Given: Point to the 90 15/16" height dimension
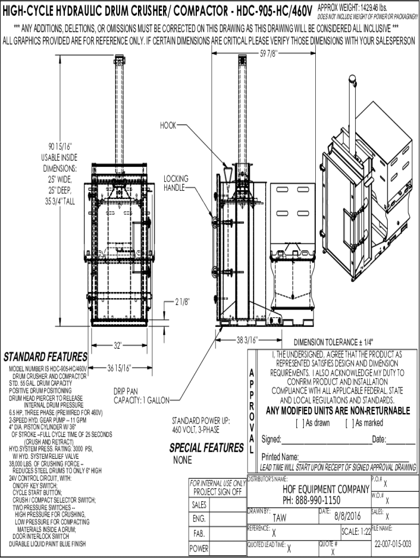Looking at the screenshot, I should [59, 146].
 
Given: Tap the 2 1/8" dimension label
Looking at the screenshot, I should [183, 301].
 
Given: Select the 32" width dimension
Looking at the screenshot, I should [117, 344].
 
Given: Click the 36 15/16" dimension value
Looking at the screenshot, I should [118, 366].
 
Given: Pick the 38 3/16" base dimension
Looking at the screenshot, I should [247, 340].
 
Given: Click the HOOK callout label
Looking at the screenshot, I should [168, 125].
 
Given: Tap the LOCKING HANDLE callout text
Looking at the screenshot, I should [176, 183].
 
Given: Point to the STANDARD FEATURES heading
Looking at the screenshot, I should [45, 357].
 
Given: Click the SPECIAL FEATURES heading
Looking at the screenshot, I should [206, 448].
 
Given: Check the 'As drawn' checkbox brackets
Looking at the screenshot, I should [298, 423].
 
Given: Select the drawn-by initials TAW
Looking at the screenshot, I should [279, 517].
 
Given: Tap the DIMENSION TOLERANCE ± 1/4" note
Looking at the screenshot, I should [333, 343].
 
